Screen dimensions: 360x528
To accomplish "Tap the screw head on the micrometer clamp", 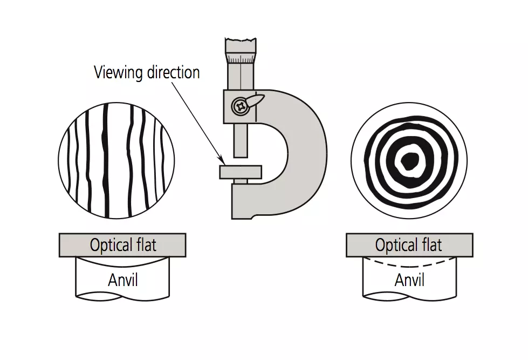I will (x=239, y=106).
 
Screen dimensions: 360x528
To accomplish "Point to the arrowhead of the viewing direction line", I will (x=223, y=160).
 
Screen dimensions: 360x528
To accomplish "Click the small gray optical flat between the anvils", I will (x=241, y=172).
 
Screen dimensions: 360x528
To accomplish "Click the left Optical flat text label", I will (x=123, y=246).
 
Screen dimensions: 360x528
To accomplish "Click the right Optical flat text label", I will (x=409, y=246).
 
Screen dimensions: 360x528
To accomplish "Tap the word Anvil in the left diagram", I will (x=123, y=280).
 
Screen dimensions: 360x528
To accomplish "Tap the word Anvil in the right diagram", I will (x=409, y=280).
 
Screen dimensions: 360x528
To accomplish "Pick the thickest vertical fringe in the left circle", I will (x=106, y=157).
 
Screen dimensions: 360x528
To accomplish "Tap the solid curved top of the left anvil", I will (x=123, y=263).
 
